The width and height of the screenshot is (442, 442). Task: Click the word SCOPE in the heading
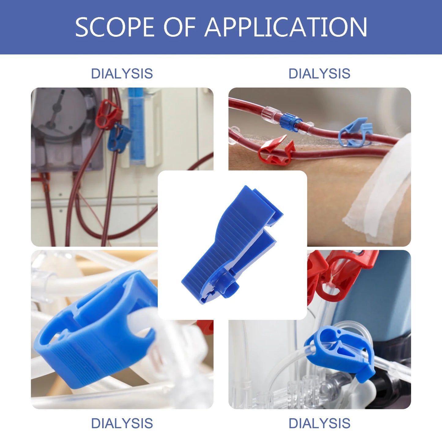(x=115, y=27)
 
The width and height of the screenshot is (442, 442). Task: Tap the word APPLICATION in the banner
(x=286, y=27)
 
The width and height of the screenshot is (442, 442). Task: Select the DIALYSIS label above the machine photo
(x=122, y=74)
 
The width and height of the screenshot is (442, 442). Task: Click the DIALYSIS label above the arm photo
(x=319, y=74)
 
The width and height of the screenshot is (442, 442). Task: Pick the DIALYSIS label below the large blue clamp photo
(x=122, y=423)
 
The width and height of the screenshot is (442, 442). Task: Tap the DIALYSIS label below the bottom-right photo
(x=319, y=423)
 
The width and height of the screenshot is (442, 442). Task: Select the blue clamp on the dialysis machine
(x=119, y=138)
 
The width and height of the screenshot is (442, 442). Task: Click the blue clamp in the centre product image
(x=232, y=242)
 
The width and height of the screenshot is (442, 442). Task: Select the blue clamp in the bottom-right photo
(x=340, y=349)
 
